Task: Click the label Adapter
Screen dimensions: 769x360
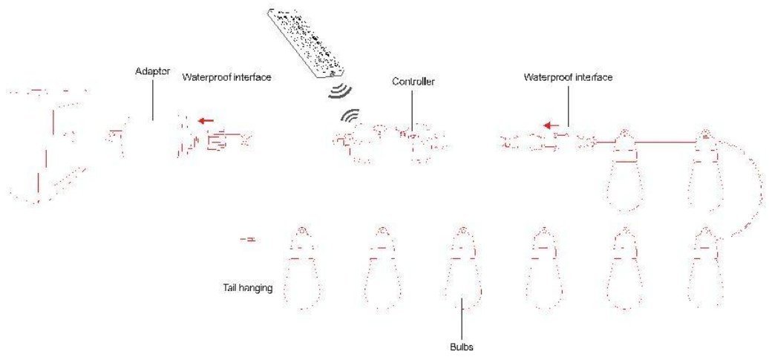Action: coord(152,71)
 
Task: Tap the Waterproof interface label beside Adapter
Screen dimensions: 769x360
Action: coord(226,77)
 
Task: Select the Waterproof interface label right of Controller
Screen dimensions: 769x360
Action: coord(568,77)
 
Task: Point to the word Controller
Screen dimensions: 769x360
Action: coord(413,82)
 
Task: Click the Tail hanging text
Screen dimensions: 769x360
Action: coord(245,288)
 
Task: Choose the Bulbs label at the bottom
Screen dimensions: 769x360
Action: coord(462,347)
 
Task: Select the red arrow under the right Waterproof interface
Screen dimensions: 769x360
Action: coord(552,125)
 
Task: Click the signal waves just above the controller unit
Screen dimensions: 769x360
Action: coord(350,116)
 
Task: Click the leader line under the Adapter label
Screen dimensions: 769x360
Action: coord(153,98)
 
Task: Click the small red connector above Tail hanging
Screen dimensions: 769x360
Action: coord(249,240)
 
